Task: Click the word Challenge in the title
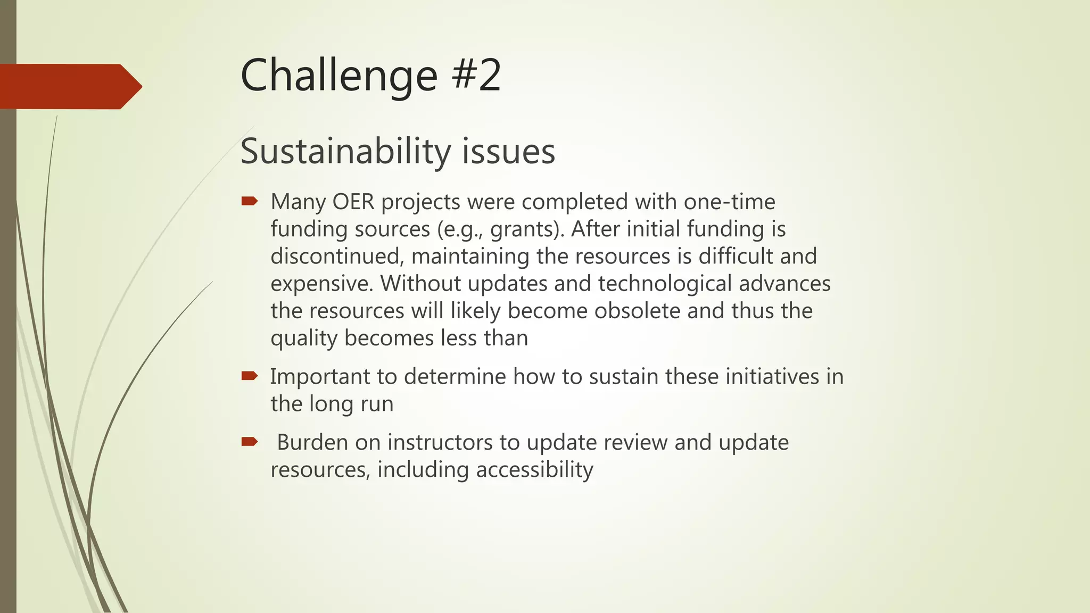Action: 338,76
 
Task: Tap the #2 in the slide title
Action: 476,76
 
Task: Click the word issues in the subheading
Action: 508,152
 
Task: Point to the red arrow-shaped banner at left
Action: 69,86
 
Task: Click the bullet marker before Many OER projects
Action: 249,201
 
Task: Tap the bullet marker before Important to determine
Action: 249,376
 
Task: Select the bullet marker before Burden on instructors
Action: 249,442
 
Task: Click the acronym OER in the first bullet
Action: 353,202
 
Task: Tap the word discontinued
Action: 337,257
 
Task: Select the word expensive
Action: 321,284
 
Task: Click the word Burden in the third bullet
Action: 312,443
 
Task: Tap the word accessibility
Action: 534,470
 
